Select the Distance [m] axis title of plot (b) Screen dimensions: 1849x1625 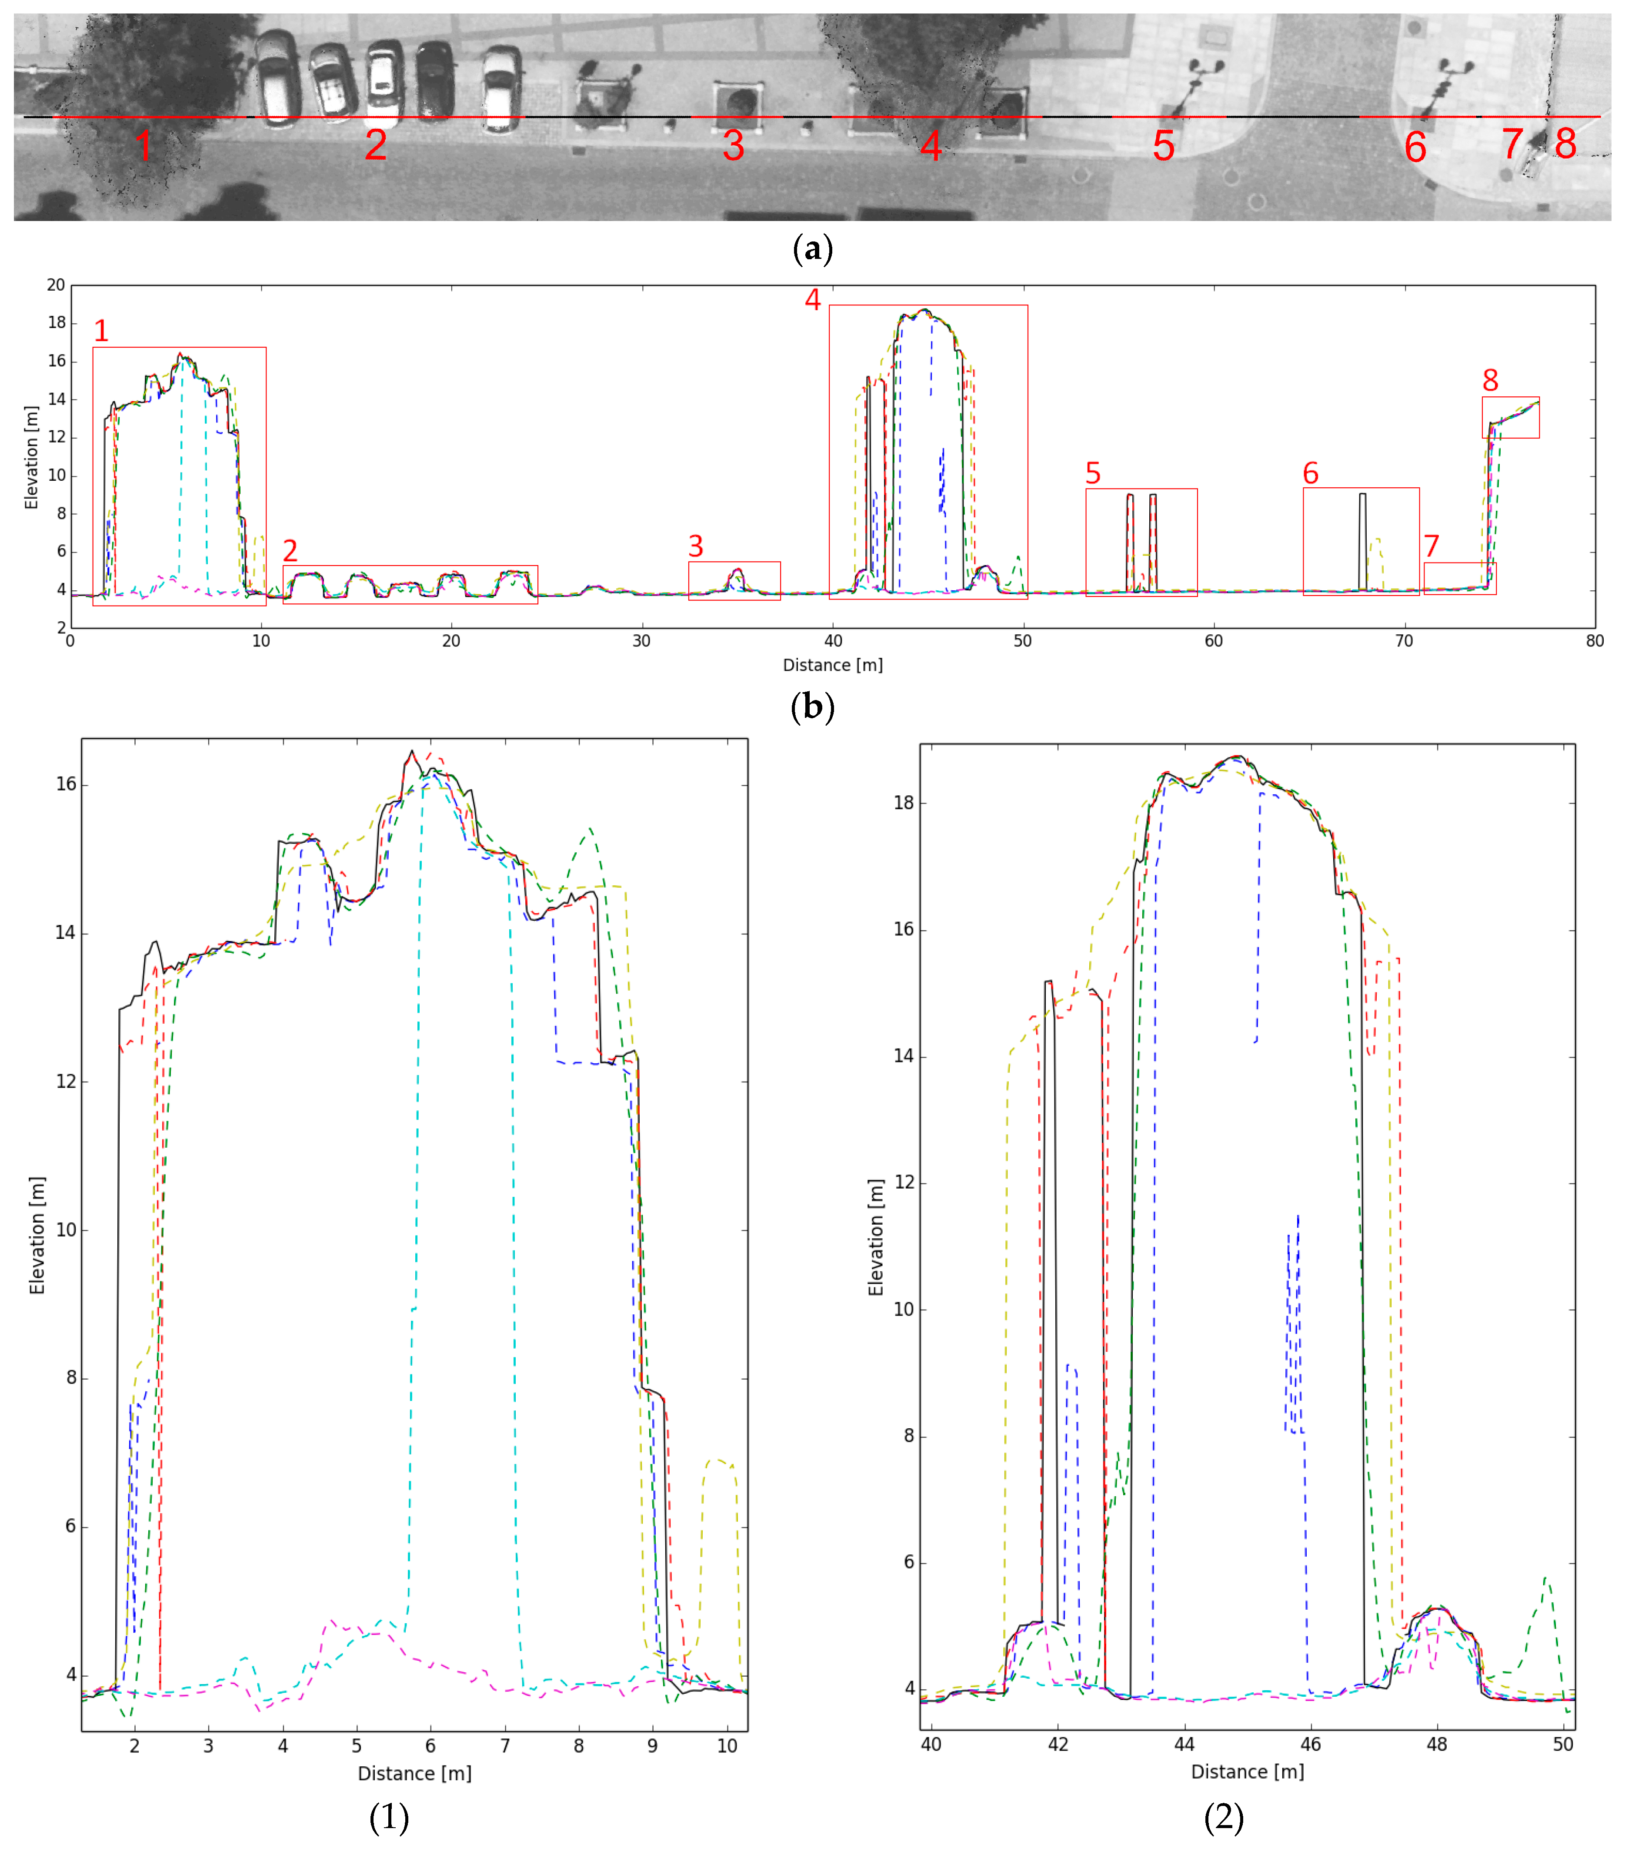pos(832,665)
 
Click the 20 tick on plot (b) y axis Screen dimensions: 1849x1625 pos(56,285)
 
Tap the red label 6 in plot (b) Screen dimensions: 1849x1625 pos(1310,473)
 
